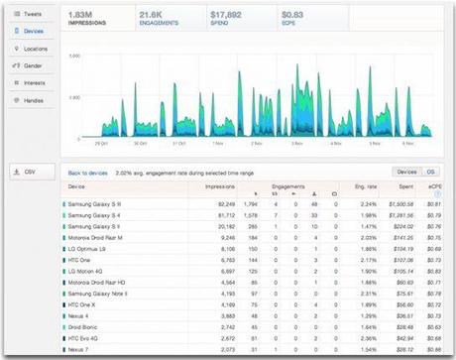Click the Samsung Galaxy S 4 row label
(95, 214)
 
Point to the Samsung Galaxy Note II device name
(99, 294)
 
